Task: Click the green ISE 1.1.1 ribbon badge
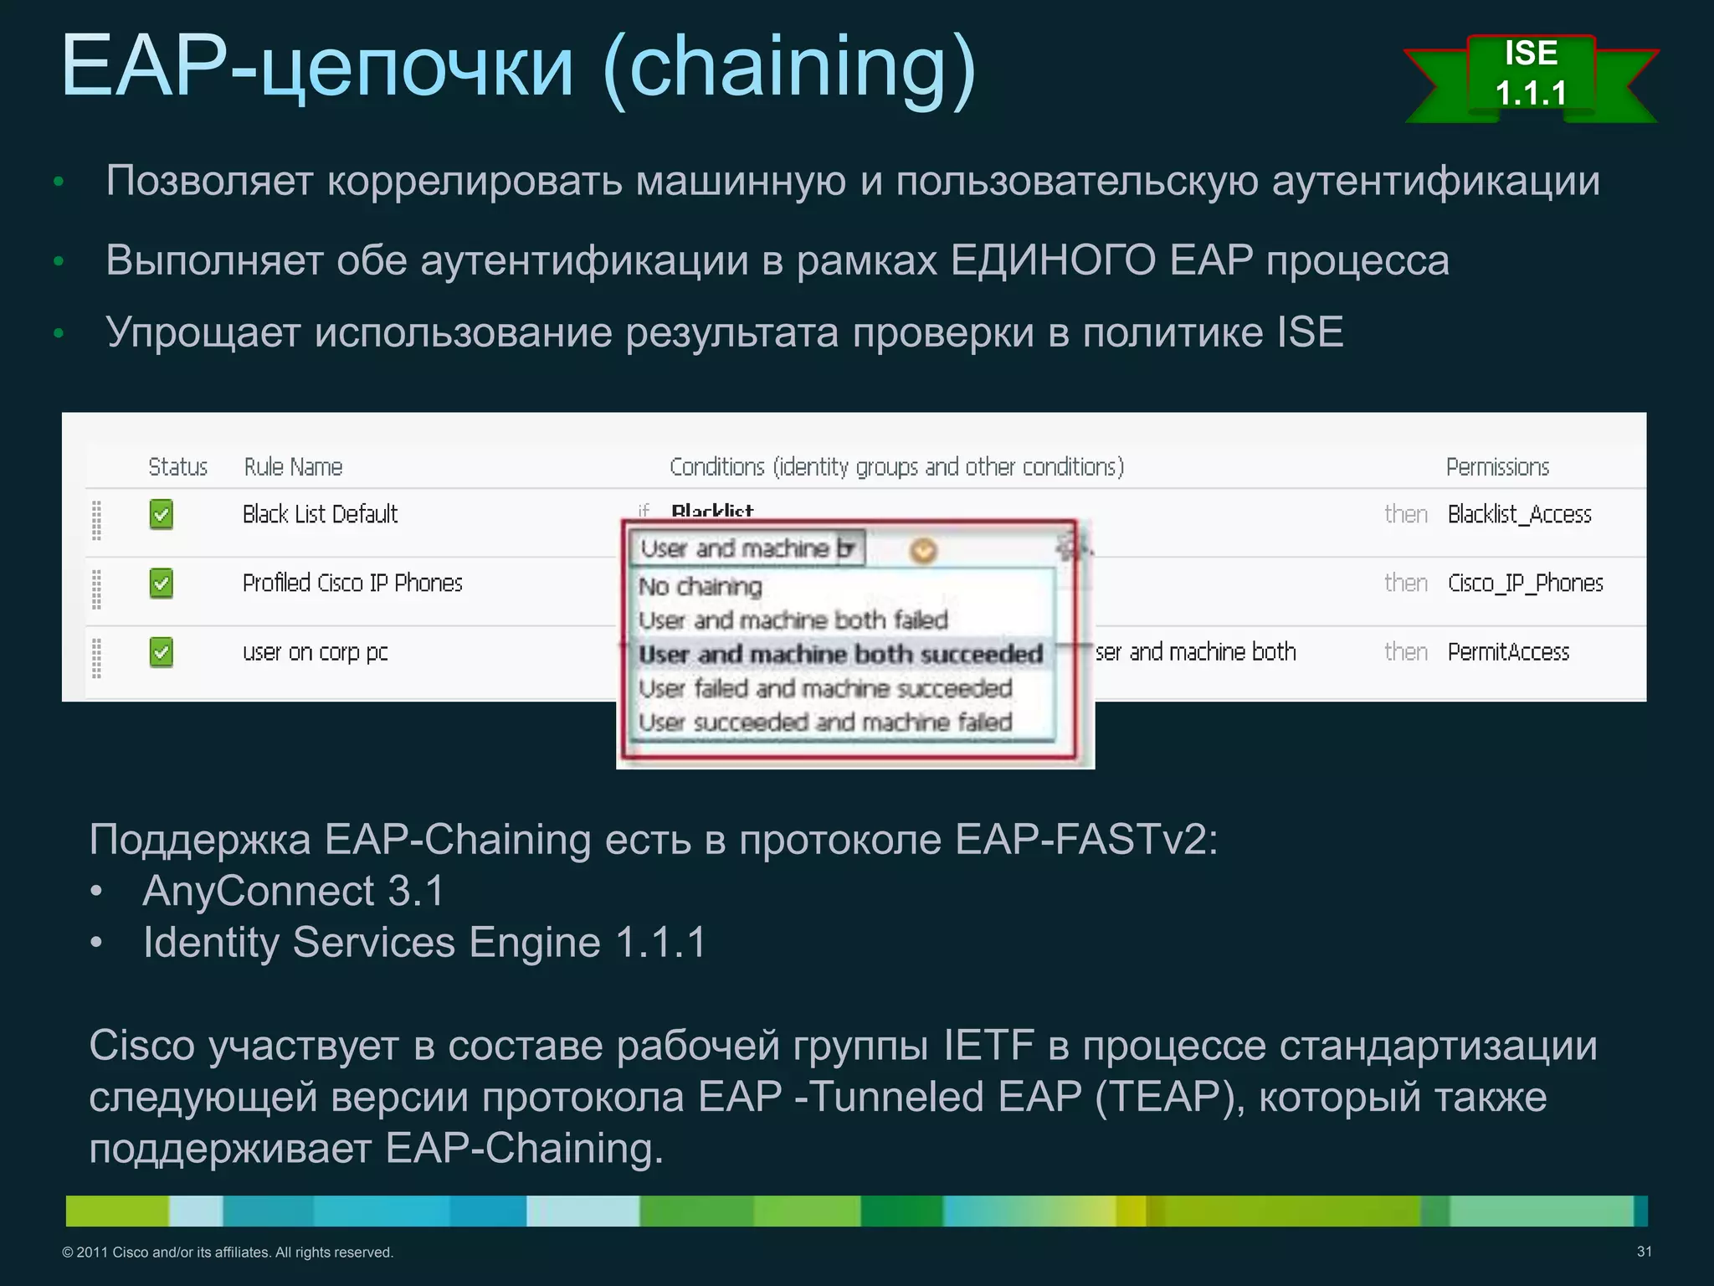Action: tap(1531, 75)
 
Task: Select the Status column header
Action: tap(177, 467)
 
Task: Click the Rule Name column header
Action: tap(293, 467)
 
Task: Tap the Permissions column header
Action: tap(1497, 467)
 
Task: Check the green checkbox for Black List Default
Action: tap(162, 514)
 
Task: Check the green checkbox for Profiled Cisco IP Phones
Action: tap(162, 583)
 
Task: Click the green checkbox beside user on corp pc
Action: tap(162, 652)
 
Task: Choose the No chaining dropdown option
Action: tap(700, 587)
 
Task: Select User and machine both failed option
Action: tap(793, 620)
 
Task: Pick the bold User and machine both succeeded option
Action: tap(840, 654)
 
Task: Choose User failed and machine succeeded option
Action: tap(825, 688)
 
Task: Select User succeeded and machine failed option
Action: tap(825, 722)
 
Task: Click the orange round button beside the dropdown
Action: tap(923, 550)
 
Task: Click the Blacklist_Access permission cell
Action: tap(1519, 514)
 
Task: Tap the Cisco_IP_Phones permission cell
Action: tap(1525, 583)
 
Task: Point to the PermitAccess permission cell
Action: tap(1508, 652)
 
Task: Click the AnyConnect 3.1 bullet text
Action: tap(293, 891)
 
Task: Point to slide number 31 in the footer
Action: tap(1644, 1252)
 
